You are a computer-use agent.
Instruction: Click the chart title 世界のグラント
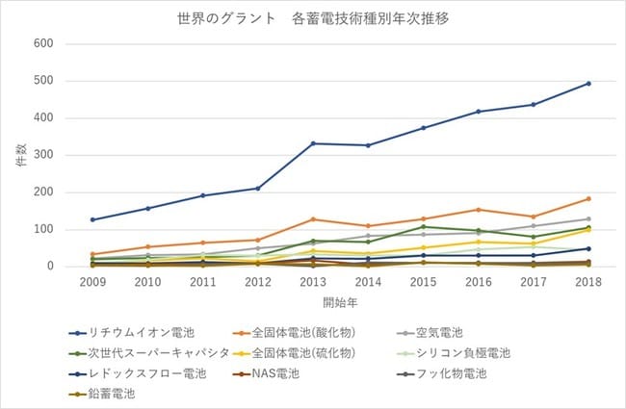click(226, 18)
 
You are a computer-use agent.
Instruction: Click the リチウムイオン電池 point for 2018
click(588, 84)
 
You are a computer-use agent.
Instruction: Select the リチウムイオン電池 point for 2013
click(313, 143)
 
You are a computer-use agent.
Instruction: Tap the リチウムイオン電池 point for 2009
click(92, 219)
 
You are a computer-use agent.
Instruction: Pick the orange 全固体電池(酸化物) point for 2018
click(588, 198)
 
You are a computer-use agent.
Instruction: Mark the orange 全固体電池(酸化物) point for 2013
click(313, 219)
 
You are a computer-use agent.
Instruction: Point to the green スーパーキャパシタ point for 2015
click(423, 227)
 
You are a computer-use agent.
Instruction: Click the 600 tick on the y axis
click(43, 43)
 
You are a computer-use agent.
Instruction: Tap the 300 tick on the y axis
click(43, 155)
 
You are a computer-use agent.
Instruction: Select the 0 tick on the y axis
click(50, 267)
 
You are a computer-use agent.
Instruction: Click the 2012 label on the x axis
click(258, 282)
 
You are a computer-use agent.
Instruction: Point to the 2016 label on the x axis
click(479, 282)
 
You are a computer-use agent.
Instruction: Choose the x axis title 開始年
click(340, 303)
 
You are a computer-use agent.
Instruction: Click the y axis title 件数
click(21, 155)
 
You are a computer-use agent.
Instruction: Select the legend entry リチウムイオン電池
click(132, 332)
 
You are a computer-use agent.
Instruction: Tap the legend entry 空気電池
click(430, 332)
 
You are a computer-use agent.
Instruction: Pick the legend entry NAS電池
click(266, 373)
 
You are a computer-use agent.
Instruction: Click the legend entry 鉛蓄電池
click(102, 394)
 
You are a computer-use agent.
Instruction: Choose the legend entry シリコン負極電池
click(454, 353)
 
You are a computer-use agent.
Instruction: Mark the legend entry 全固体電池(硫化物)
click(295, 353)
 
